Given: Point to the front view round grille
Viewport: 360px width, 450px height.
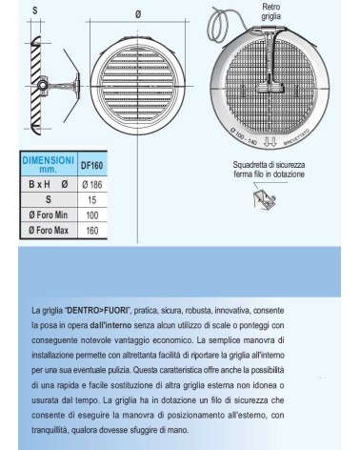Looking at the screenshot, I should (x=140, y=84).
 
